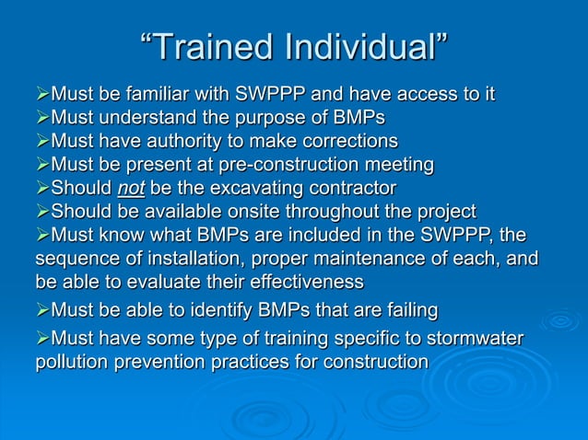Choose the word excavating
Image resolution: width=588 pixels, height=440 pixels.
(261, 189)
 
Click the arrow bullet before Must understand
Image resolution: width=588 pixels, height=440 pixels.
(41, 119)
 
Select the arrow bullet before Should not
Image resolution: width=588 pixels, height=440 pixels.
(41, 189)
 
